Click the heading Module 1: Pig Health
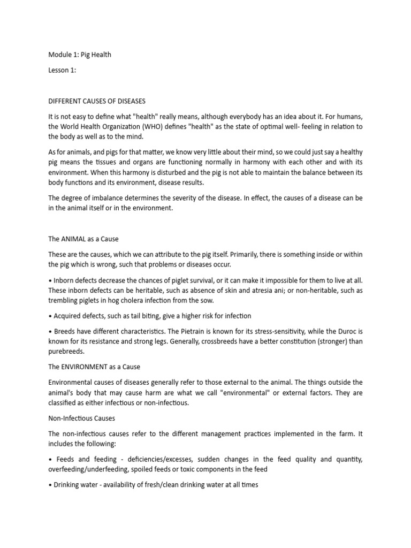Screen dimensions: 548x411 point(80,55)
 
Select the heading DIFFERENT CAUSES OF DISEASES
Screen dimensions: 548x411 point(97,101)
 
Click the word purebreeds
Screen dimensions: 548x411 point(68,352)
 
